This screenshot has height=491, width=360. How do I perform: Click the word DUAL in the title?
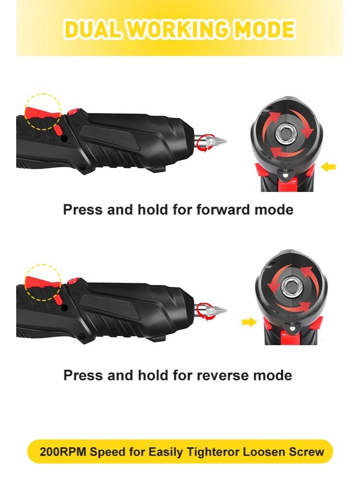[x=93, y=30]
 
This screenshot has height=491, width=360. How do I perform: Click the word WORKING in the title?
[x=180, y=30]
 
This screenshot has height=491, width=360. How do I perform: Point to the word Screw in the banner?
[x=306, y=452]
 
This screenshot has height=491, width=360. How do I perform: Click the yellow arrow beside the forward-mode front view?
[x=329, y=166]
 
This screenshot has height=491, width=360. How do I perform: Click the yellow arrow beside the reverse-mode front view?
[x=249, y=322]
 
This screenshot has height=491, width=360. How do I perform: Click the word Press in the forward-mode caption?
[x=83, y=210]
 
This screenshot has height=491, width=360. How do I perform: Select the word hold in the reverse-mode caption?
[x=154, y=375]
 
